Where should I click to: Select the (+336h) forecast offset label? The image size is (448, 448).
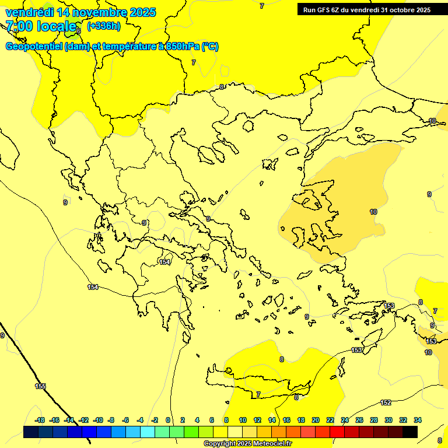[103, 26]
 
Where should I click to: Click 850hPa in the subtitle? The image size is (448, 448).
[183, 47]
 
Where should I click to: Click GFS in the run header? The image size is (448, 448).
[324, 10]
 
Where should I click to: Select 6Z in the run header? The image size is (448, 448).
[337, 10]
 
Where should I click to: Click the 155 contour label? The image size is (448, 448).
[40, 386]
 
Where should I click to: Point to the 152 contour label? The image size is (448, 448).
[386, 402]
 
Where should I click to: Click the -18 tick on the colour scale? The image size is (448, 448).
[40, 420]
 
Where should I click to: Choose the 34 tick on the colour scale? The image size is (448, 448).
[418, 420]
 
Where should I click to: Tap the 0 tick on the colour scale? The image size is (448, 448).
[168, 420]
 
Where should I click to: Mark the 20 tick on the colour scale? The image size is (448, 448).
[316, 420]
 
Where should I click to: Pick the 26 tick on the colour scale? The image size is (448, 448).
[359, 420]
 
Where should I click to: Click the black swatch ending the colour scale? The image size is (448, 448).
[410, 432]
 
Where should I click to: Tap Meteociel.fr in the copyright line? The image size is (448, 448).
[272, 444]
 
